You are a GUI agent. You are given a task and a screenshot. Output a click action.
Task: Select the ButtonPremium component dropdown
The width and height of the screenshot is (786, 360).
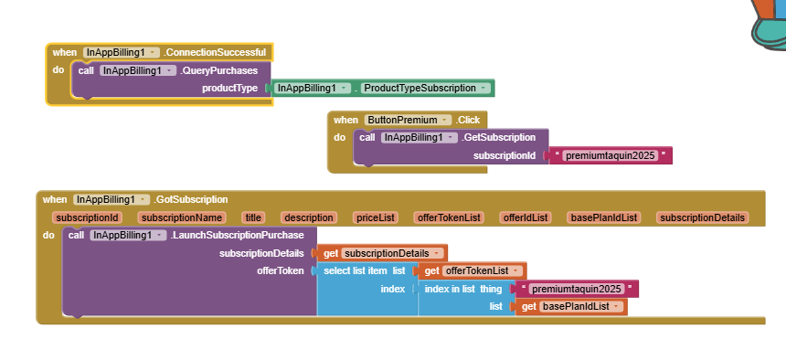[x=408, y=120]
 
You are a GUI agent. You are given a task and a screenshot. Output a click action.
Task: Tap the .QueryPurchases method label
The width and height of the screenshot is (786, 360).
[x=218, y=70]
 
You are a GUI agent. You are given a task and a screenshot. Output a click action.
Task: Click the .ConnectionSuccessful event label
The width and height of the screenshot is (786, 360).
[x=215, y=52]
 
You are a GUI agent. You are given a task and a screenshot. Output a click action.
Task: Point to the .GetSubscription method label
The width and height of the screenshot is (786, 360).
[x=498, y=137]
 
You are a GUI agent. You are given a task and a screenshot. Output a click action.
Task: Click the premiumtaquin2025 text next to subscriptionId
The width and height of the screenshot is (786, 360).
[x=610, y=156]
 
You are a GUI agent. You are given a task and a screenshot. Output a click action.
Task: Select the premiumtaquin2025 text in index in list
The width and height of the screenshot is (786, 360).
[x=577, y=289]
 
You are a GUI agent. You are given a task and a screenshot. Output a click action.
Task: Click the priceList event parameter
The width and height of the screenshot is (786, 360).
[x=375, y=217]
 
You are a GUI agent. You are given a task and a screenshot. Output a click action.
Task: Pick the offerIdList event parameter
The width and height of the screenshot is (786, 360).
[x=526, y=217]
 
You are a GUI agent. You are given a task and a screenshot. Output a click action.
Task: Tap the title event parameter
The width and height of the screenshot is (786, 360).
[x=253, y=217]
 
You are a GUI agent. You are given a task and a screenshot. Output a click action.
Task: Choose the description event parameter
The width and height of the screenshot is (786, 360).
[x=309, y=217]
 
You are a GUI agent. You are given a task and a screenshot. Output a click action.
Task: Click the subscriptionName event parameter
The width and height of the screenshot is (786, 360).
[x=182, y=217]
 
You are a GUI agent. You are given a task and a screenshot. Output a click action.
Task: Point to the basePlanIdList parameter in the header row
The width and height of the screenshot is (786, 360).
[x=603, y=217]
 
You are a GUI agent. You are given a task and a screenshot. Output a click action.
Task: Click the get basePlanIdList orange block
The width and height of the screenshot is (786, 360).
[x=572, y=306]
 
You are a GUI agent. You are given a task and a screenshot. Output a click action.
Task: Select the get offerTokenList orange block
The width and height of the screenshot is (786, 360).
[x=473, y=270]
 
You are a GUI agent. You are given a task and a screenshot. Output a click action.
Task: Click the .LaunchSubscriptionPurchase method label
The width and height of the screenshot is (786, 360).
[x=237, y=235]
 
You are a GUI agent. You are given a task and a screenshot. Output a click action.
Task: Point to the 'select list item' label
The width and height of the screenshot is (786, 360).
[x=355, y=270]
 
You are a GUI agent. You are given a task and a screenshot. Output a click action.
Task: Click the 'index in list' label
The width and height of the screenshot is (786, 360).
[x=449, y=289]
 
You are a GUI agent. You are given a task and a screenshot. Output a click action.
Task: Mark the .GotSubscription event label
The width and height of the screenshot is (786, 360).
[x=190, y=199]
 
